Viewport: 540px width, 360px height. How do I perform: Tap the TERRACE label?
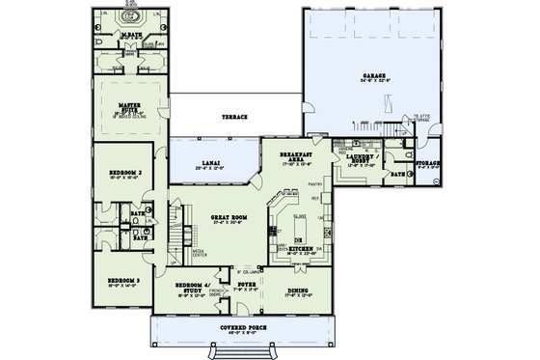234,116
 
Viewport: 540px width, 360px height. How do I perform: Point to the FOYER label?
246,286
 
